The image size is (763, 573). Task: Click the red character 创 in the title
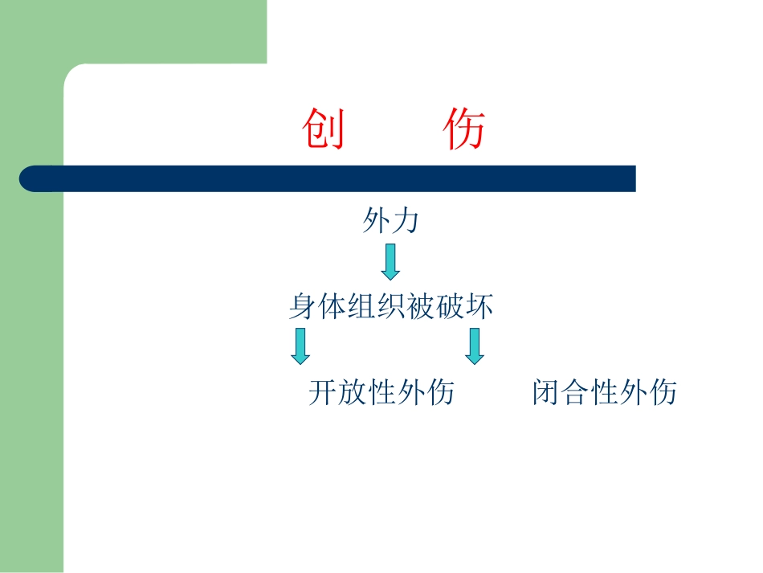coord(324,130)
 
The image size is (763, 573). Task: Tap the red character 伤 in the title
coord(465,130)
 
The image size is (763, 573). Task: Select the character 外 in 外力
coord(376,220)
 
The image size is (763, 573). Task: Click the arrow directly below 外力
coord(390,262)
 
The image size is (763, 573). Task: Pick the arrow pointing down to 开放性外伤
coord(300,346)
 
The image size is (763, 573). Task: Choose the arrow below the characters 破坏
coord(475,346)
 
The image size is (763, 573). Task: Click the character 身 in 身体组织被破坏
coord(303,306)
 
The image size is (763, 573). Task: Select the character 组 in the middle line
coord(361,306)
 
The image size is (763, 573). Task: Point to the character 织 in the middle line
coord(391,306)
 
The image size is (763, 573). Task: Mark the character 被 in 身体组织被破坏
coord(420,306)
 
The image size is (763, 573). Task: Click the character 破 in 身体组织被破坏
coord(450,306)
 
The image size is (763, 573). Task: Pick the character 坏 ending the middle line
coord(479,306)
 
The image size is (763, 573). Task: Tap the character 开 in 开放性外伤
coord(322,392)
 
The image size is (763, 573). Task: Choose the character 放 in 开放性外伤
coord(352,392)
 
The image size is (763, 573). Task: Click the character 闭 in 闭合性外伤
coord(545,392)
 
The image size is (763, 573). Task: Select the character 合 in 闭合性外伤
coord(575,392)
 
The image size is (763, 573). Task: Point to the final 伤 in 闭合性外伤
coord(663,392)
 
